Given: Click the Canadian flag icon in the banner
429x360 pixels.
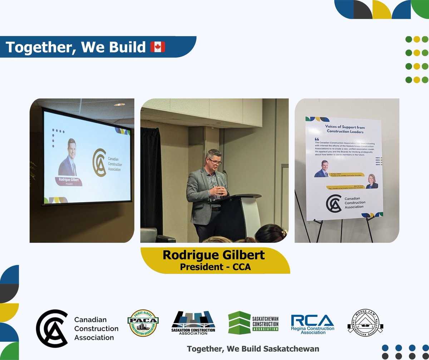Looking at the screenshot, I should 158,47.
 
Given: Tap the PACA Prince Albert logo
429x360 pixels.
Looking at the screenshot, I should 143,322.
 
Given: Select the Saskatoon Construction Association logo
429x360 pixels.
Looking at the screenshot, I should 193,323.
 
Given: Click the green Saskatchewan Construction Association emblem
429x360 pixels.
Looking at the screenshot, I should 240,322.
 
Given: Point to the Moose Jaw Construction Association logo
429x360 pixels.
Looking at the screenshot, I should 365,321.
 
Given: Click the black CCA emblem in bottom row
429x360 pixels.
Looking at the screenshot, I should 52,328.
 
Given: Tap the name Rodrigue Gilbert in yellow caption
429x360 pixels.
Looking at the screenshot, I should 214,255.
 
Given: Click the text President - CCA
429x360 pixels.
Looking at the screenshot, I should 214,267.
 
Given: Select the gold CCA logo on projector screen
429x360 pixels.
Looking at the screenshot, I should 99,161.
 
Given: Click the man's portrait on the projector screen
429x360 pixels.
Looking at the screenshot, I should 68,157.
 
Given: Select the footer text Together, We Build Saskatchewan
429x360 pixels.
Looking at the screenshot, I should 253,349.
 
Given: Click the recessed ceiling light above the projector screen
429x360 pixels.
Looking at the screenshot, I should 119,104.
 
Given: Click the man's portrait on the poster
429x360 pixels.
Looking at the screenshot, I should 321,169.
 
